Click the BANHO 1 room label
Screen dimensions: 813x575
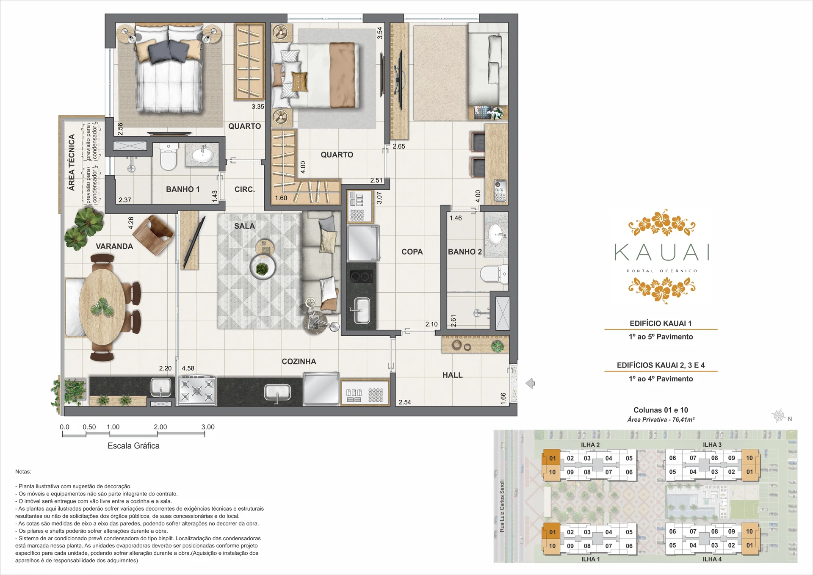pos(183,189)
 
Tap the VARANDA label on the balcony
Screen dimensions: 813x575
pos(114,246)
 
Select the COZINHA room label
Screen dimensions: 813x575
pos(299,362)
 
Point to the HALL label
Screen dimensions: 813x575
pos(452,375)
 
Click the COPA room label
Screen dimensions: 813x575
pos(412,252)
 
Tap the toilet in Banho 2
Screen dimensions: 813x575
pos(494,274)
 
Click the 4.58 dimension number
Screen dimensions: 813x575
pos(188,368)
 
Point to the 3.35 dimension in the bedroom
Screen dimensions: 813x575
pos(258,107)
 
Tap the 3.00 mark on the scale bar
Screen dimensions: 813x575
pos(208,427)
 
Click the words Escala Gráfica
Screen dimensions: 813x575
pos(133,446)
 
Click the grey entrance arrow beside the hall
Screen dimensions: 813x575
pos(530,383)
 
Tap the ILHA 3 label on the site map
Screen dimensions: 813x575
pos(712,445)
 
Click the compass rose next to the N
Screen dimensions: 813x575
pos(778,416)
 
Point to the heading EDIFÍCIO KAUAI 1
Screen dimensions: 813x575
pos(661,323)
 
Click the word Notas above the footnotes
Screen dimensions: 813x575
pos(23,472)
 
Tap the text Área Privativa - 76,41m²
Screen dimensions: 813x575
pos(661,420)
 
